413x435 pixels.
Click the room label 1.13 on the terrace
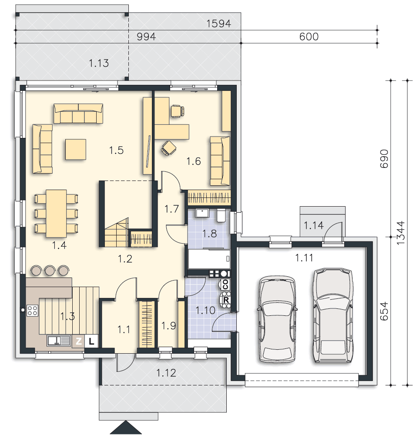[x=99, y=63]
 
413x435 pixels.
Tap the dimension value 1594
[x=219, y=23]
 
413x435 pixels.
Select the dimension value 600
[x=309, y=37]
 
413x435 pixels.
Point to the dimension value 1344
[x=400, y=233]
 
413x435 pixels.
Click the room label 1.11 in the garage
[x=304, y=258]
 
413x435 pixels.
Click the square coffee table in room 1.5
[x=75, y=149]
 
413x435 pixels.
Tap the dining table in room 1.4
[x=56, y=213]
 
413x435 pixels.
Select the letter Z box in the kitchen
[x=78, y=341]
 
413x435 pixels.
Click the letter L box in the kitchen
[x=91, y=341]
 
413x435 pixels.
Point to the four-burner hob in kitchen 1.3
[x=32, y=311]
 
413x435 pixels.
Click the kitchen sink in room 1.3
[x=58, y=341]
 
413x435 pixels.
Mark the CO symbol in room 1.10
[x=225, y=284]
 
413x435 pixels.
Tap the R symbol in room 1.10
[x=225, y=300]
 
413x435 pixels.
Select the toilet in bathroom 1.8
[x=221, y=216]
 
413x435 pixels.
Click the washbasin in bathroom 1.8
[x=202, y=213]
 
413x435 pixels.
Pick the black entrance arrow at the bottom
[x=126, y=428]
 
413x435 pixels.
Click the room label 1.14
[x=313, y=225]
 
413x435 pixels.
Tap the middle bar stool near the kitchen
[x=50, y=270]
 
